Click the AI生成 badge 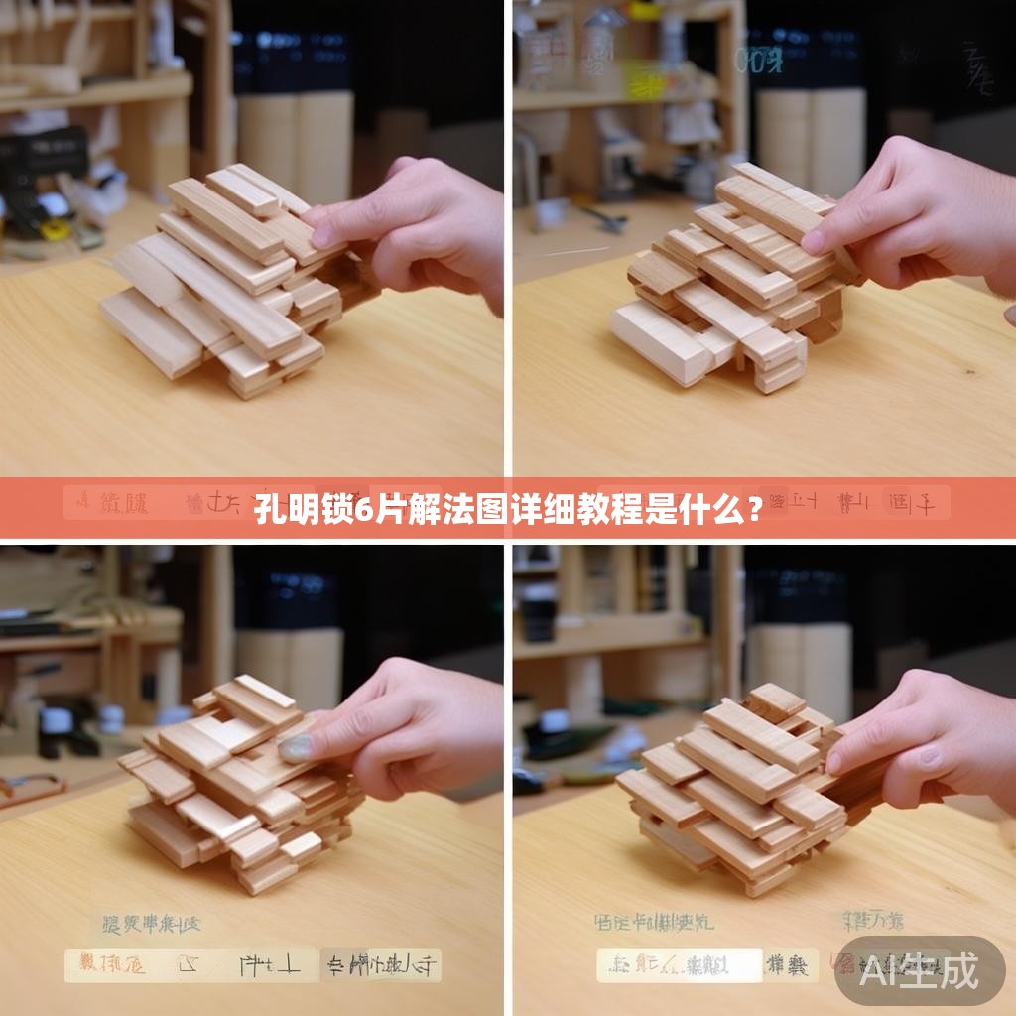tap(919, 970)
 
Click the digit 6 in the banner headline tap(363, 510)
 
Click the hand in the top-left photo tap(417, 228)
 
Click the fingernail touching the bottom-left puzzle tap(295, 747)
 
